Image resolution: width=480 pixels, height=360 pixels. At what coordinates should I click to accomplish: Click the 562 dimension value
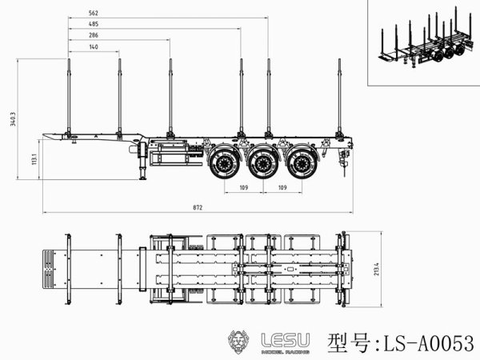click(x=94, y=14)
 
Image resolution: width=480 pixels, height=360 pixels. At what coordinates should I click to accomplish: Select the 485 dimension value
click(x=94, y=25)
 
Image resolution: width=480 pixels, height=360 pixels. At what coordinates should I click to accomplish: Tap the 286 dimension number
click(x=94, y=36)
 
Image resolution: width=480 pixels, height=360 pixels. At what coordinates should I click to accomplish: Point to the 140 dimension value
click(x=94, y=48)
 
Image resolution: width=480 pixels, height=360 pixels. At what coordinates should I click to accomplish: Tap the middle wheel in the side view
click(x=262, y=164)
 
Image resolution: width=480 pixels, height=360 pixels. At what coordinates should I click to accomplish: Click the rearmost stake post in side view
click(x=340, y=96)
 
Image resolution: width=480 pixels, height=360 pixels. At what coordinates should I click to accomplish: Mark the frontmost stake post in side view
click(x=69, y=96)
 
